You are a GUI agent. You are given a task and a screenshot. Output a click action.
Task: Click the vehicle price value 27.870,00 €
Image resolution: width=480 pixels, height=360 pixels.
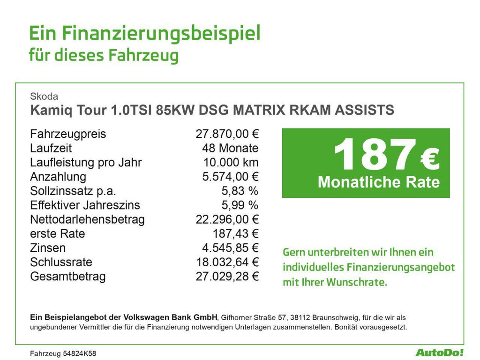click(227, 134)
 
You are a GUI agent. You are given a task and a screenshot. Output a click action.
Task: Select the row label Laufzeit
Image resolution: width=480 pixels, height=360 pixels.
click(51, 149)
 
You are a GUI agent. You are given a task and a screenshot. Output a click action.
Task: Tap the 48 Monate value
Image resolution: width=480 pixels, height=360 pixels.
click(230, 149)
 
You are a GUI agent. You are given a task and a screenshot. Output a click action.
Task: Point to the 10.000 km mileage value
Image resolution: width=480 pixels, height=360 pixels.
click(231, 163)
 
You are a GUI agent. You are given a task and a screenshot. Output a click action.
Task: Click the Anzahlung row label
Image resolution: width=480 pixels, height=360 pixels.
click(58, 177)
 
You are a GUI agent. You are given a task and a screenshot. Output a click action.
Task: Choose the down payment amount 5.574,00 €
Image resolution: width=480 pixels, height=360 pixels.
click(230, 177)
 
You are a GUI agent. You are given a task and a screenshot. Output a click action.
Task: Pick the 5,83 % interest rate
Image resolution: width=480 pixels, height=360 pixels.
click(240, 191)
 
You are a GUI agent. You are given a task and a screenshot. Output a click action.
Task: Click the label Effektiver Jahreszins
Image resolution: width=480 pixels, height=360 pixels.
click(85, 205)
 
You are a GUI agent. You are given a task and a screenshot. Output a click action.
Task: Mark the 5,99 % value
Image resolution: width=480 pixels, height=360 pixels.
click(240, 205)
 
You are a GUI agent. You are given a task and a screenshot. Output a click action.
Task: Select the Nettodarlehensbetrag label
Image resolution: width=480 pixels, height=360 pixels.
click(87, 219)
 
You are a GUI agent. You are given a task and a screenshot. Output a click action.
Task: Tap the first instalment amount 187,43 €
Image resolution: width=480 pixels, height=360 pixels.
click(236, 233)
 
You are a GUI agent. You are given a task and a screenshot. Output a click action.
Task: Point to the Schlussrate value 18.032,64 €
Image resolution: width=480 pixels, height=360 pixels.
click(227, 262)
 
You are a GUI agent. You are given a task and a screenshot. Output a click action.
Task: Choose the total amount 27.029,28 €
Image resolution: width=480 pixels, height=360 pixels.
click(227, 276)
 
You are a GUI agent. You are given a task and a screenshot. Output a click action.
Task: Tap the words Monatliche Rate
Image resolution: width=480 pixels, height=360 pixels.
click(379, 182)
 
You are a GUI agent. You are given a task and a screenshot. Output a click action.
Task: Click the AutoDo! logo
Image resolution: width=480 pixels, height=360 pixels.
click(439, 352)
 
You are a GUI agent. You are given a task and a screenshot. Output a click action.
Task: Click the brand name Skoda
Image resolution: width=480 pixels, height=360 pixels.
click(44, 97)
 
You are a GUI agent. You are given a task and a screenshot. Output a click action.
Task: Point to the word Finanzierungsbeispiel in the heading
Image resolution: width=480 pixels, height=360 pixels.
click(161, 34)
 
